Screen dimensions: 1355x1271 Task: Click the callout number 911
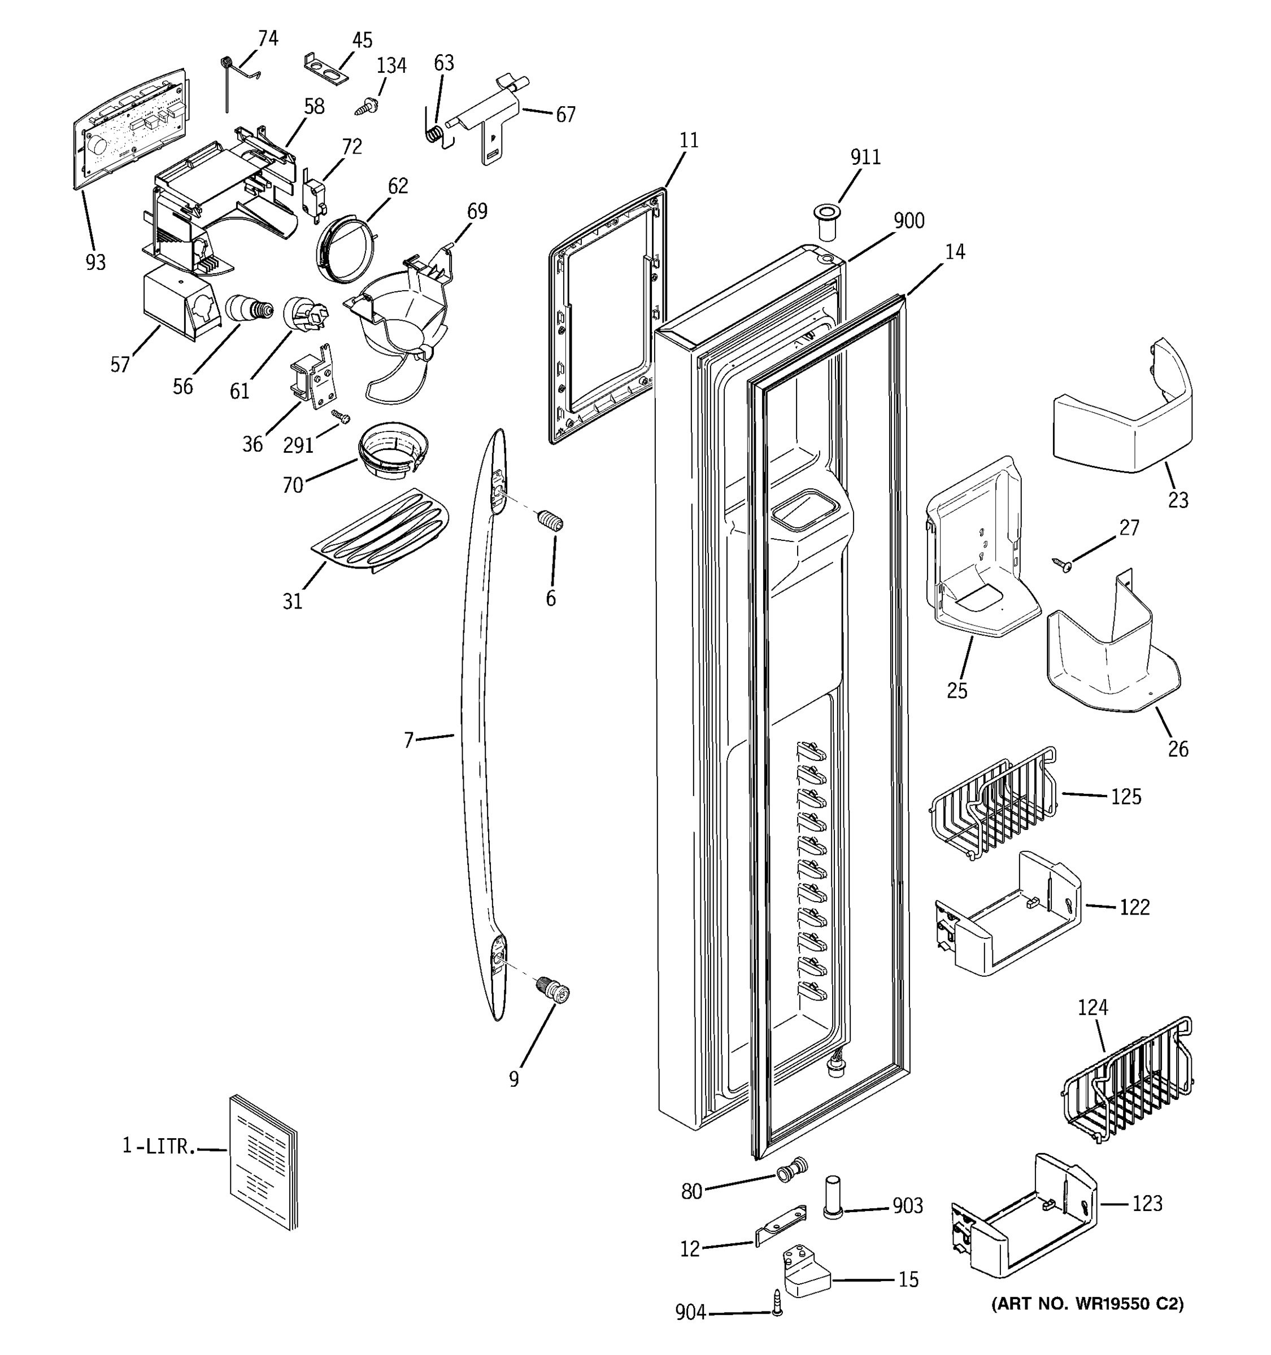pyautogui.click(x=865, y=158)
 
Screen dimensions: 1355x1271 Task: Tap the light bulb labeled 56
pyautogui.click(x=247, y=310)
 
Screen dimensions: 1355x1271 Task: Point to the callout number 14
pyautogui.click(x=955, y=252)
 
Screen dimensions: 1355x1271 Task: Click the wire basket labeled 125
pyautogui.click(x=992, y=805)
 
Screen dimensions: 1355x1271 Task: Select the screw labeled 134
pyautogui.click(x=367, y=106)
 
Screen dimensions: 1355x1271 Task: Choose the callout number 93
pyautogui.click(x=95, y=262)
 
